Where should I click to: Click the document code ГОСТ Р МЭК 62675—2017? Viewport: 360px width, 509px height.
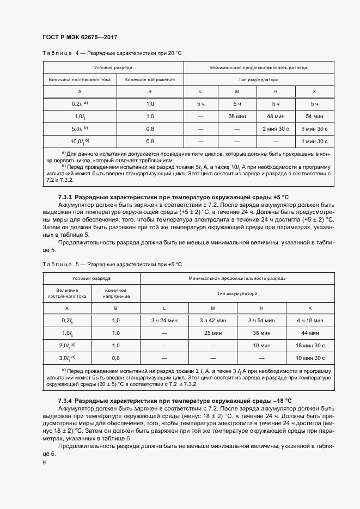click(x=80, y=37)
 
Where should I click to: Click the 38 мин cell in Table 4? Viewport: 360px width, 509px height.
click(x=237, y=116)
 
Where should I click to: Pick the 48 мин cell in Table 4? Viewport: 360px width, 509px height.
click(x=276, y=116)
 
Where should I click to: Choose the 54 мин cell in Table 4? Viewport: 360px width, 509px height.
click(x=314, y=116)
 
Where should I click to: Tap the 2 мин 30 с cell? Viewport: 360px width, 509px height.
click(x=276, y=128)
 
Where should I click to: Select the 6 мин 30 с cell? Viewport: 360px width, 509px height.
click(x=314, y=128)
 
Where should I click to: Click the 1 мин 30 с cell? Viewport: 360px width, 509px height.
click(x=314, y=141)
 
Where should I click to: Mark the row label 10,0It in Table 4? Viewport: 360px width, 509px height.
click(x=80, y=141)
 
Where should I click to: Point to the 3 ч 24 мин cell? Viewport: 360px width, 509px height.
click(x=165, y=321)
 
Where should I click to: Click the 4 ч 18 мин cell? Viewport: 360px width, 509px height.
click(x=310, y=321)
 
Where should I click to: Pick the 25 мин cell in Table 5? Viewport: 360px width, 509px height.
click(x=213, y=333)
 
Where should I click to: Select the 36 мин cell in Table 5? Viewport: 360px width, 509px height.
click(x=261, y=333)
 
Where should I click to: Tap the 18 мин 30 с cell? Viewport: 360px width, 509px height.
click(x=310, y=345)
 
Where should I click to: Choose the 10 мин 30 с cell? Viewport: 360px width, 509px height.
click(x=310, y=358)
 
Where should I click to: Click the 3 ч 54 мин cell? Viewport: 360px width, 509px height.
click(x=261, y=321)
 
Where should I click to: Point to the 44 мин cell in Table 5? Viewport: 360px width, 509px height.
click(x=310, y=333)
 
